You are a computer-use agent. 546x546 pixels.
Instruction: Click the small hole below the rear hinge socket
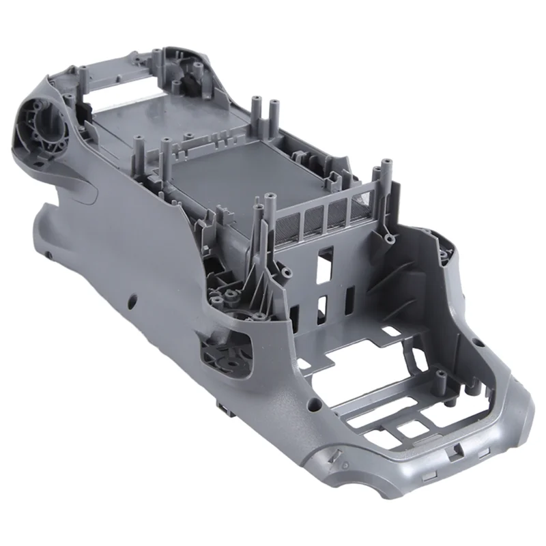49,254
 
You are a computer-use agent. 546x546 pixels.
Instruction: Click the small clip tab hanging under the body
222,407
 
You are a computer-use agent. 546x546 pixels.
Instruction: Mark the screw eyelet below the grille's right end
389,240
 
